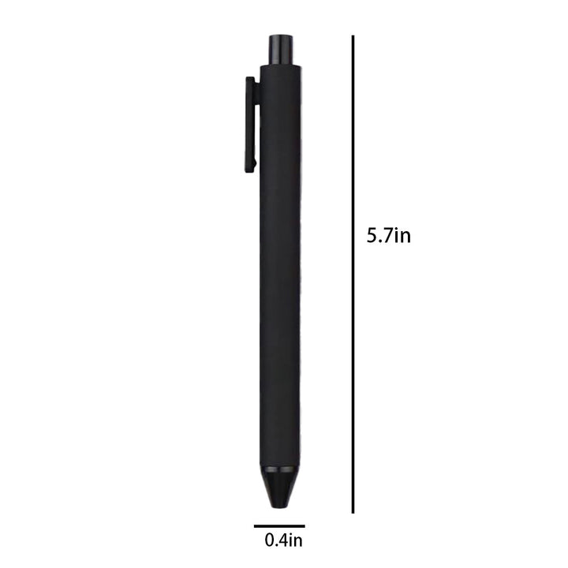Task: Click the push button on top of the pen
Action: pyautogui.click(x=279, y=50)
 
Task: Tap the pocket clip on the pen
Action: pyautogui.click(x=251, y=125)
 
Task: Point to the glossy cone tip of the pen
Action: pyautogui.click(x=279, y=487)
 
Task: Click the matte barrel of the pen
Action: pyautogui.click(x=279, y=266)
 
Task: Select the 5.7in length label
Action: pyautogui.click(x=389, y=235)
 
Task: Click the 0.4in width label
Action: pyautogui.click(x=284, y=540)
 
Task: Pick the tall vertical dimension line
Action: pyautogui.click(x=353, y=275)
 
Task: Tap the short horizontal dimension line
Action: pyautogui.click(x=279, y=526)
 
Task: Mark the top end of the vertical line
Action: pyautogui.click(x=353, y=35)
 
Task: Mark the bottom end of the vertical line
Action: pyautogui.click(x=353, y=513)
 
